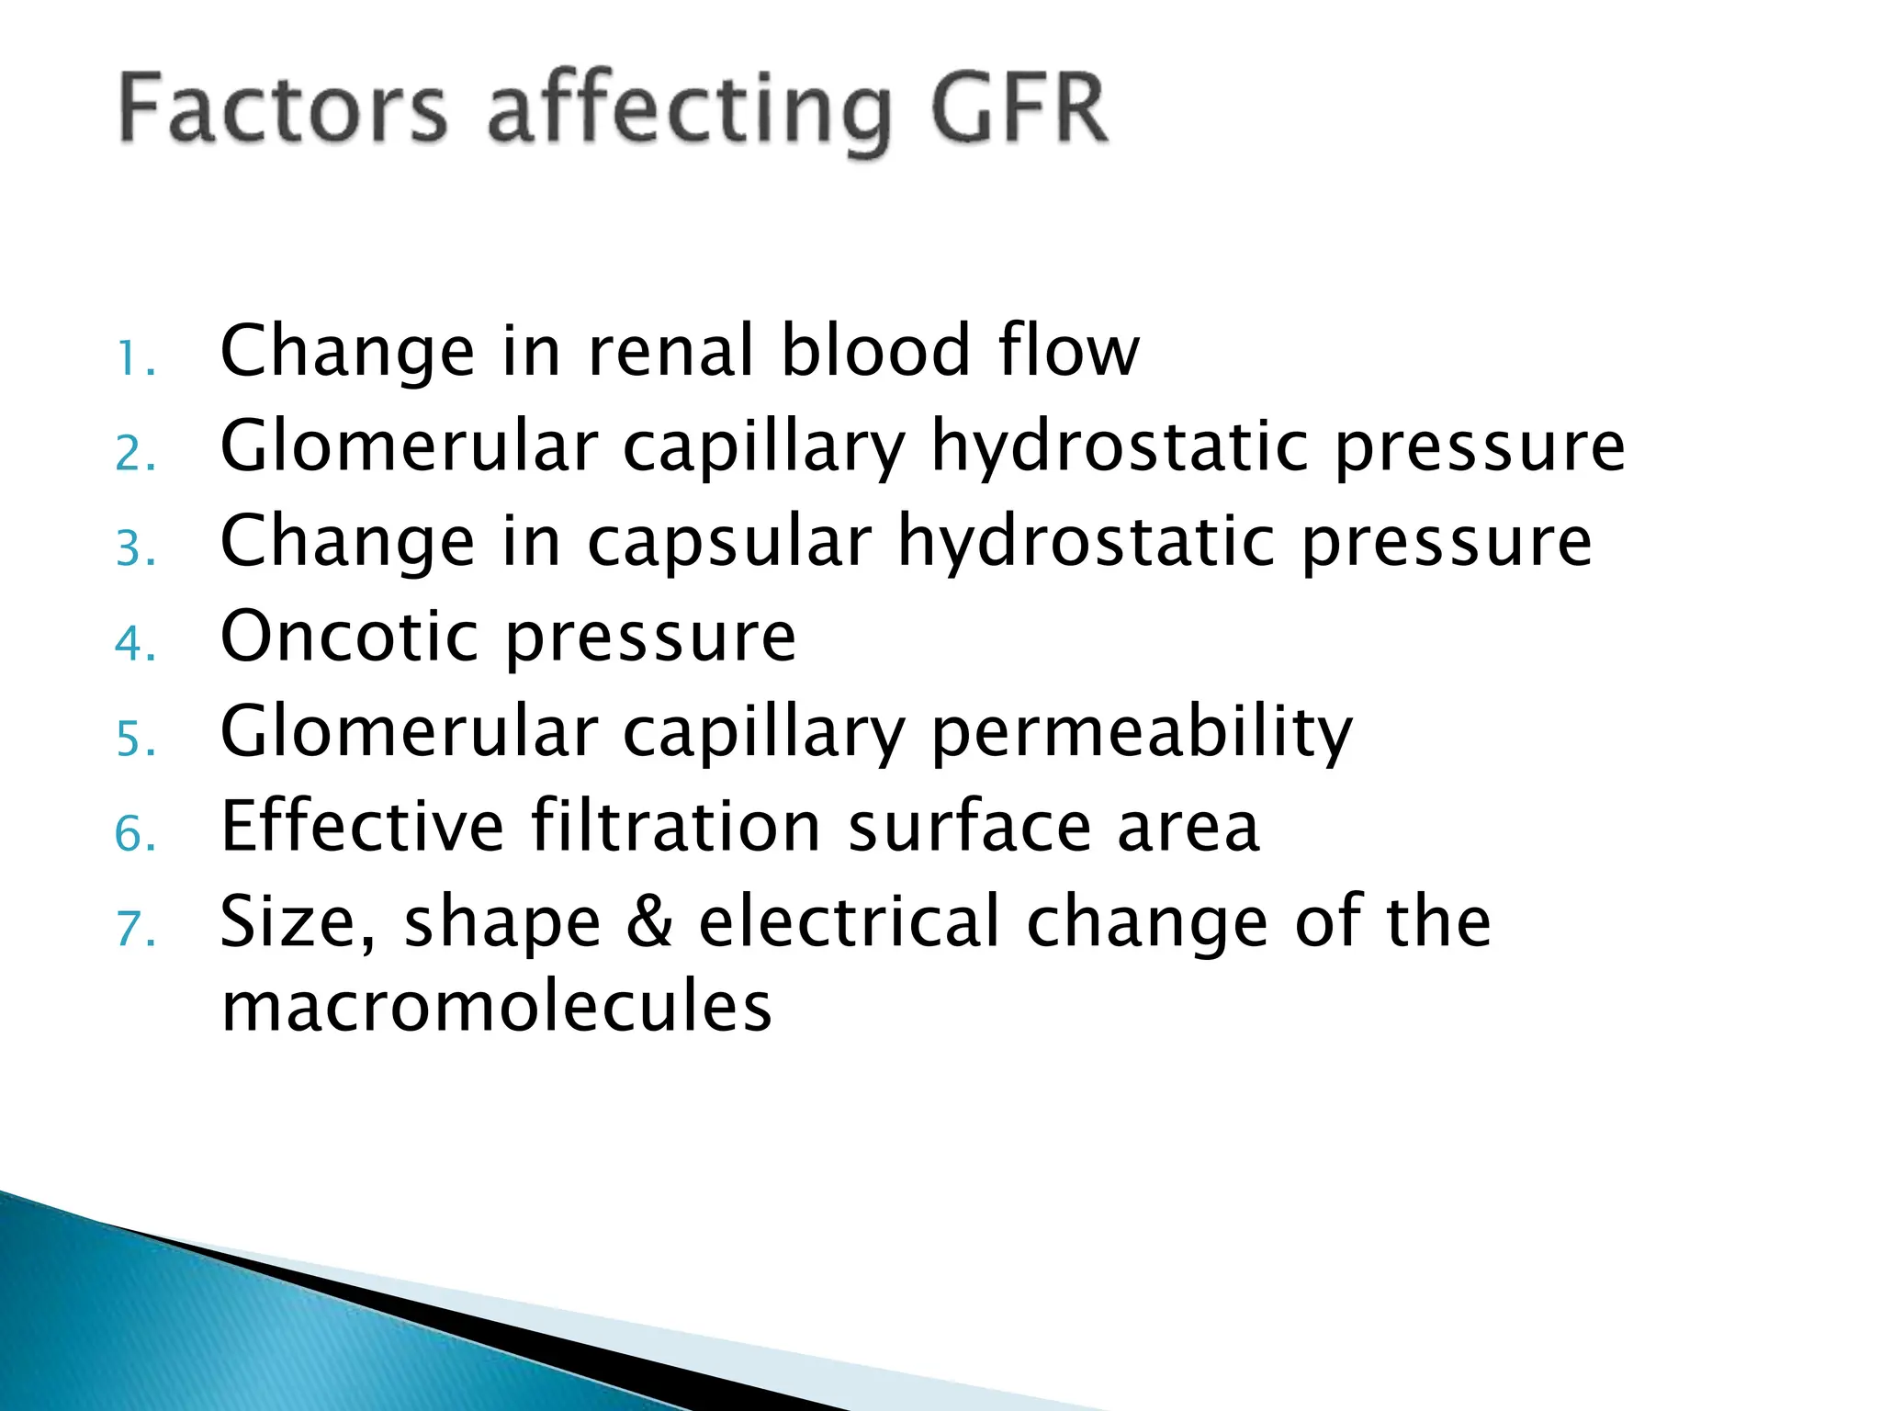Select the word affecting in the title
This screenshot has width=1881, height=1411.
[689, 115]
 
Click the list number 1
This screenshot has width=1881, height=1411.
[135, 359]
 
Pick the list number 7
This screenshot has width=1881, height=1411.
[135, 929]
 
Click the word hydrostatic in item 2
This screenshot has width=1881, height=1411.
[1120, 447]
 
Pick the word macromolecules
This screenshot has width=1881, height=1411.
[497, 1007]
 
